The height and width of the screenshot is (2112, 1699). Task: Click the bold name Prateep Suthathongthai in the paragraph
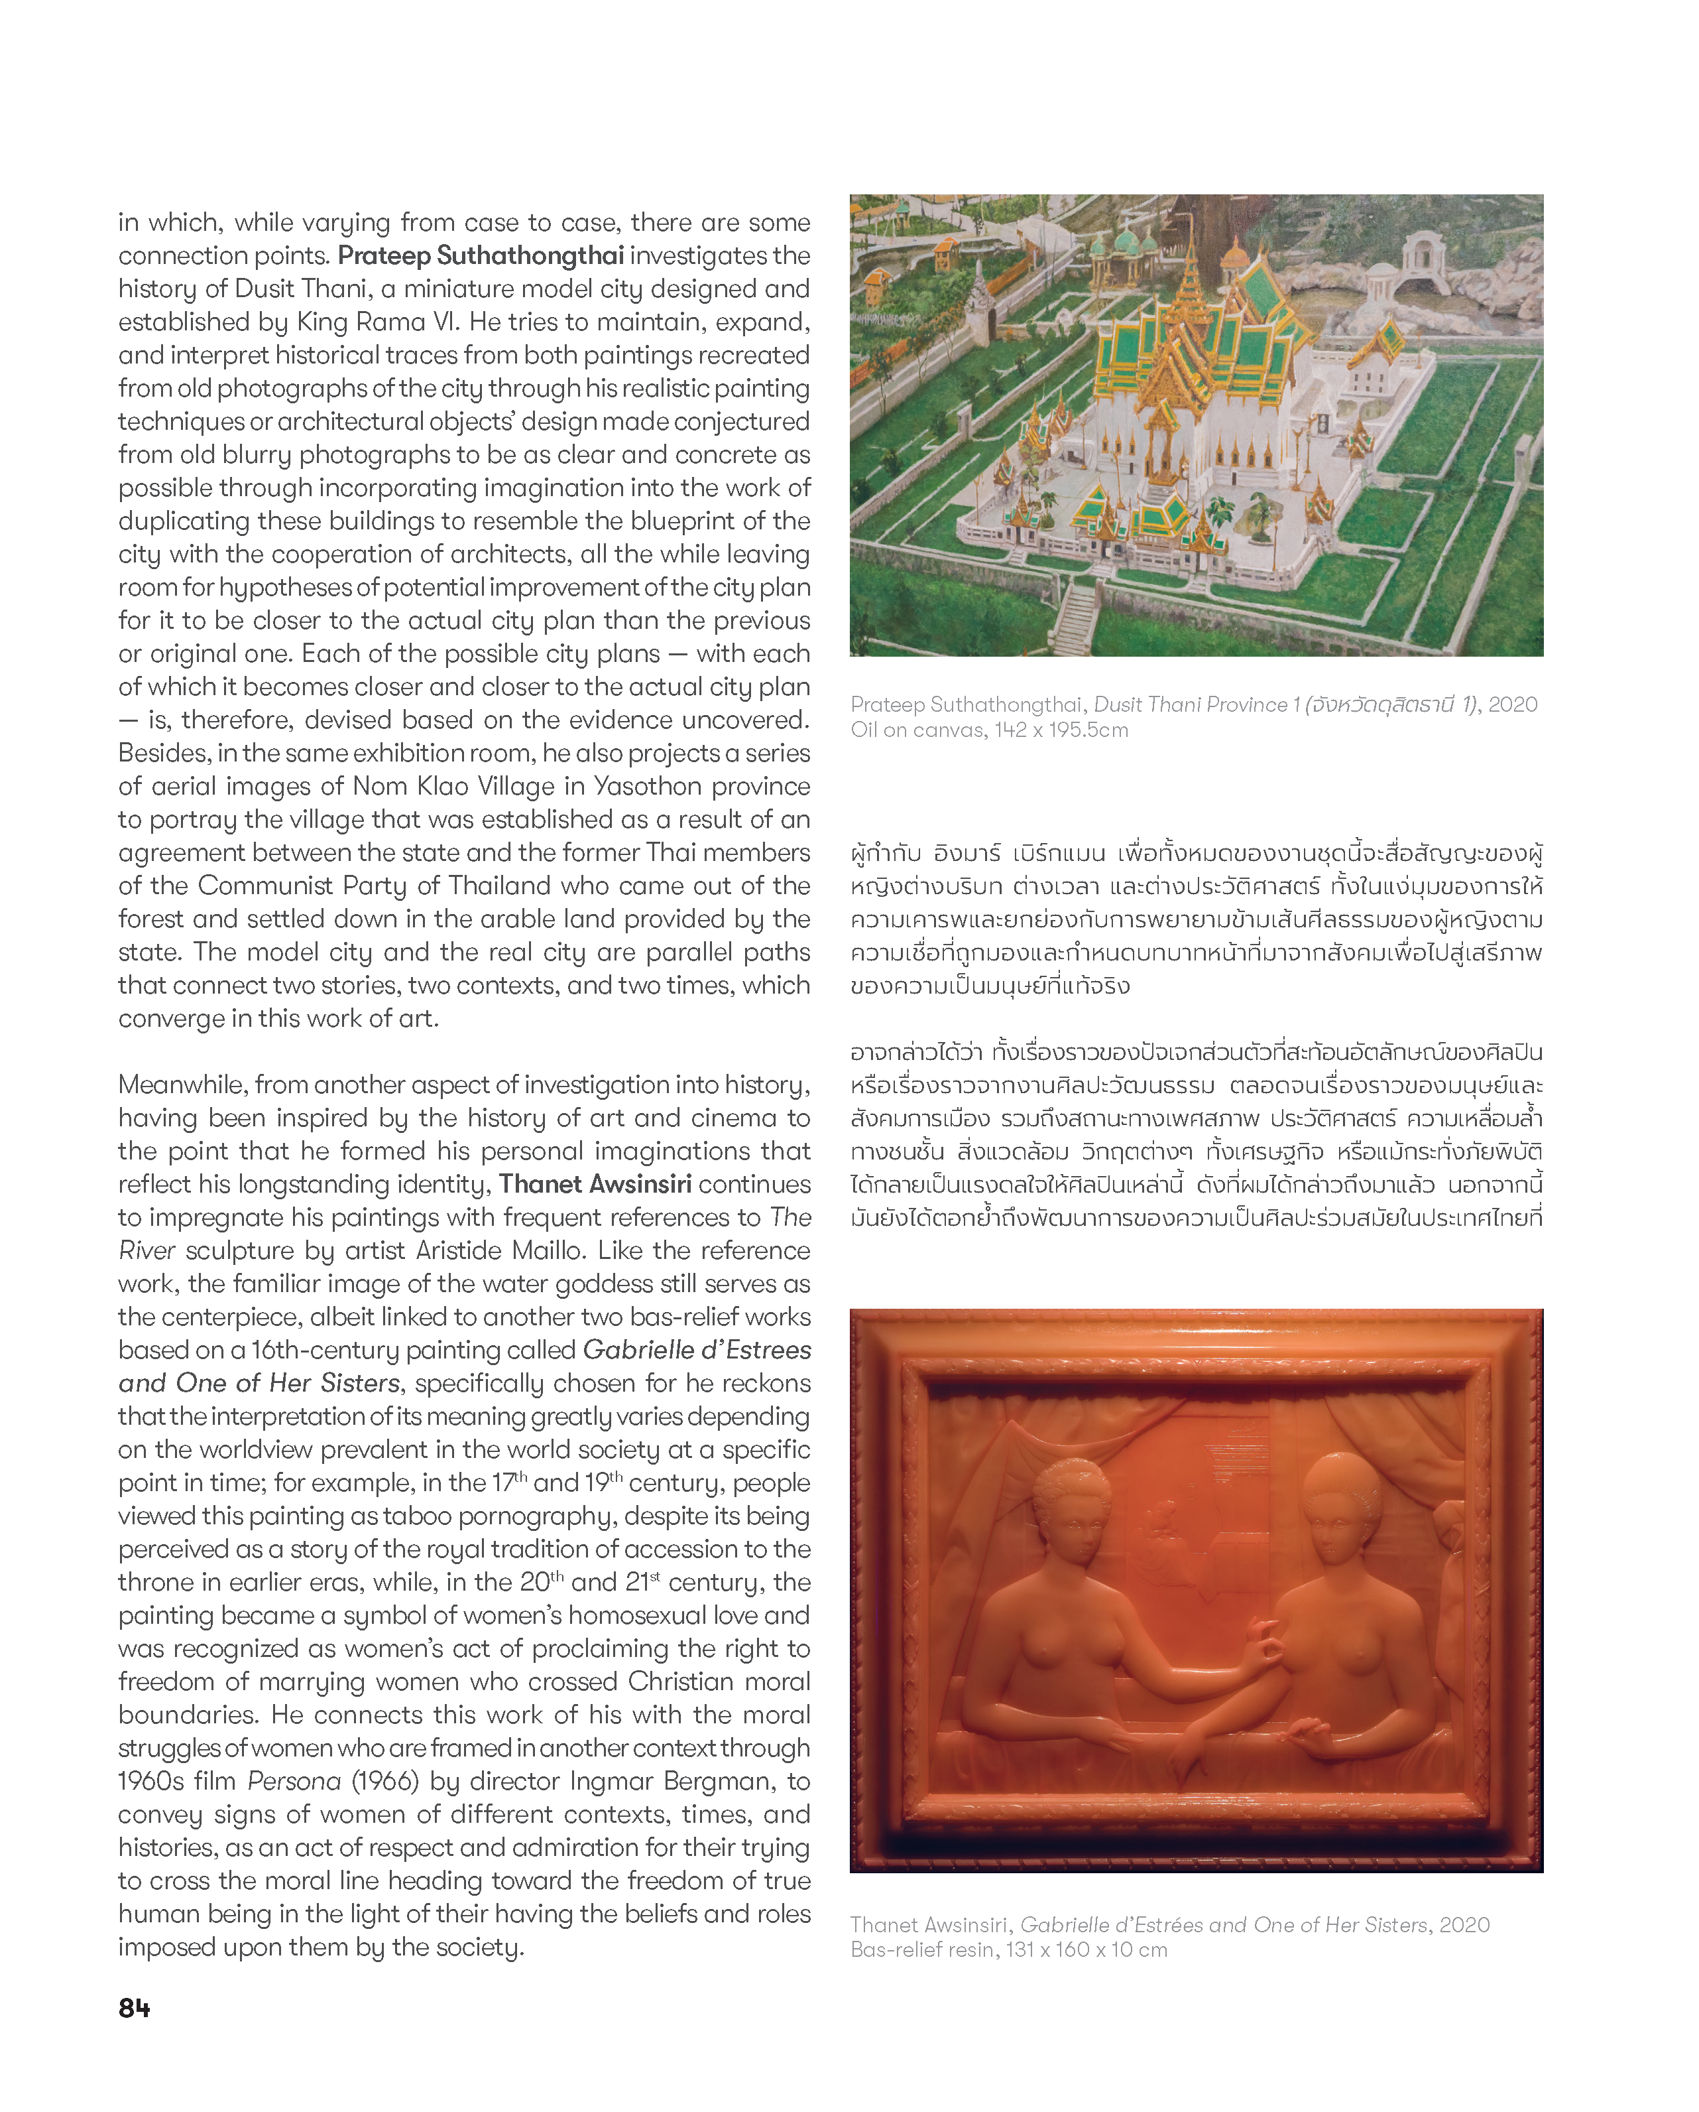pyautogui.click(x=481, y=255)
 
